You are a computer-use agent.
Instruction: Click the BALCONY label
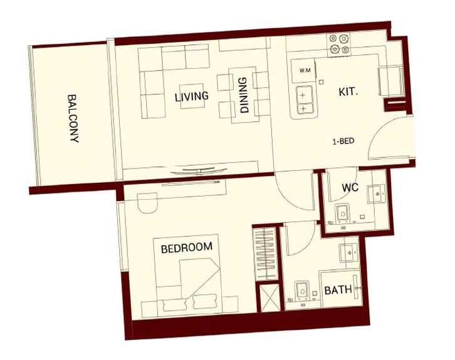(73, 120)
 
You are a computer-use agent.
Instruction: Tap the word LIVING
(192, 96)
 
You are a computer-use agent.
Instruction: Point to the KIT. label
(348, 91)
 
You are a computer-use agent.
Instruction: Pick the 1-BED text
(343, 141)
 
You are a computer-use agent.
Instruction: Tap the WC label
(350, 187)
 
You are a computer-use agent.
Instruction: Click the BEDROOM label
(186, 247)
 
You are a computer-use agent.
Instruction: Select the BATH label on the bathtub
(338, 290)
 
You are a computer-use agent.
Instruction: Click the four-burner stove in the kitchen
(338, 46)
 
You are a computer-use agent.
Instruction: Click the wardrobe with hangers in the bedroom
(264, 253)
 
